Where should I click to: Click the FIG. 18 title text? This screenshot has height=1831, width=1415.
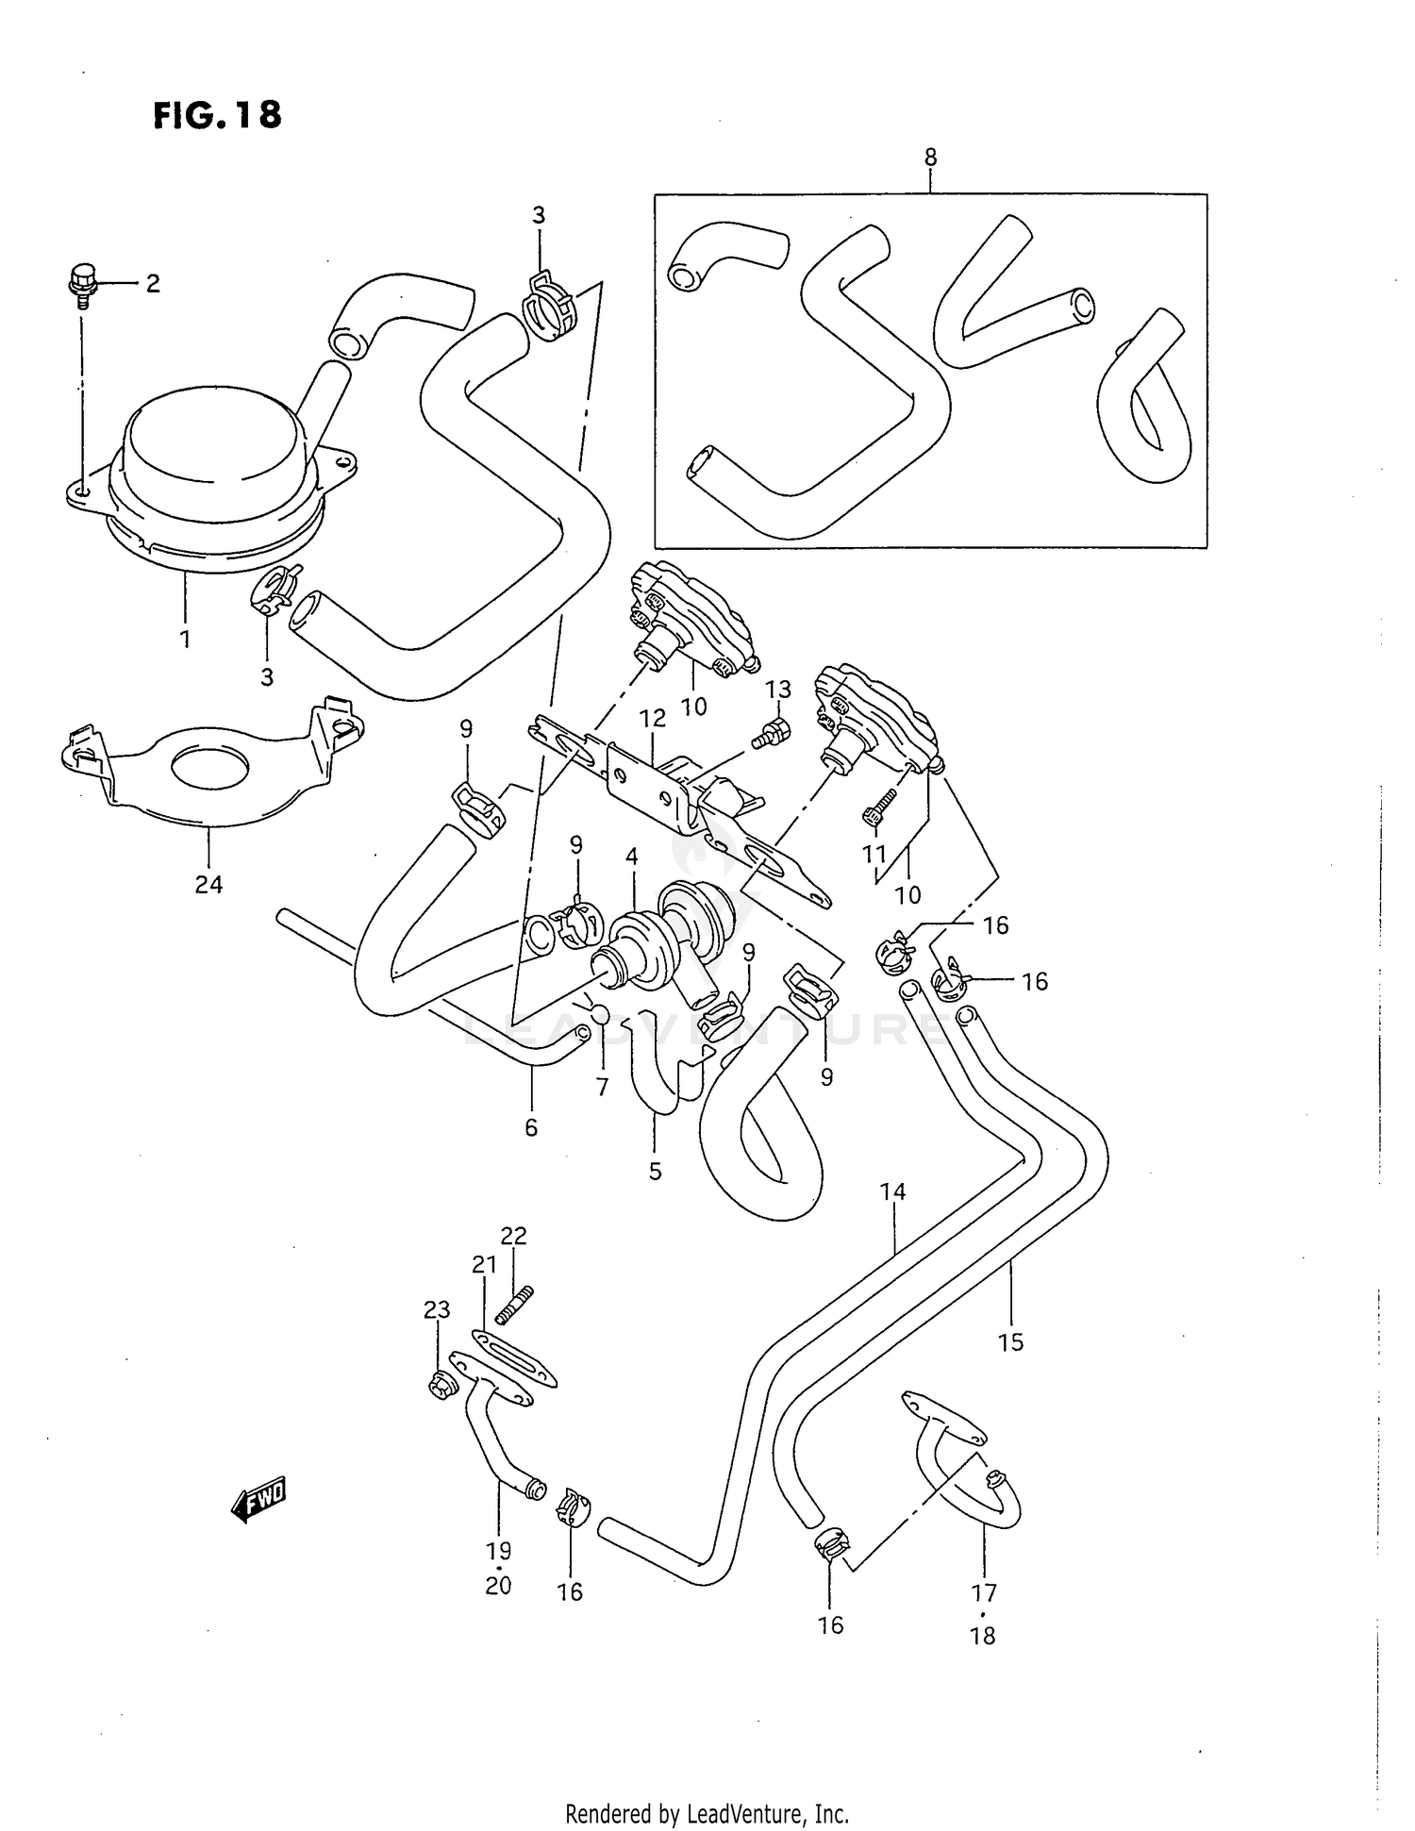click(216, 115)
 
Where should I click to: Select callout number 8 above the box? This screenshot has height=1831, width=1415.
click(930, 158)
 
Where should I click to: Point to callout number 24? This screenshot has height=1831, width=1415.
click(208, 884)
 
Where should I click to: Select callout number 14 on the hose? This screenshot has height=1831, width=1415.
click(892, 1191)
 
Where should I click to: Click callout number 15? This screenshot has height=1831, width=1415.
click(1010, 1340)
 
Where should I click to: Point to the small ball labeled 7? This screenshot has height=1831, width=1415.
click(601, 1014)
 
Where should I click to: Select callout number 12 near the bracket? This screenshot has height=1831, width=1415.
click(652, 718)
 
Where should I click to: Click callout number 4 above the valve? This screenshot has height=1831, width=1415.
click(631, 857)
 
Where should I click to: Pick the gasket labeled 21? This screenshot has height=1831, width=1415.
click(514, 1357)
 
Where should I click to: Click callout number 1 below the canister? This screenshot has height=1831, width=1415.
click(185, 639)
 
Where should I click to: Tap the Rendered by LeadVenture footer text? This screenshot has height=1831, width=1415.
click(707, 1813)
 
